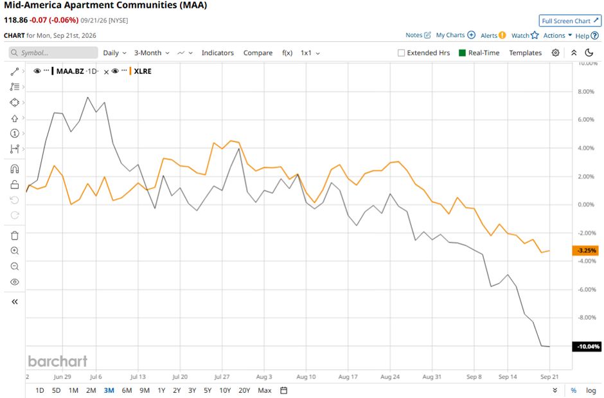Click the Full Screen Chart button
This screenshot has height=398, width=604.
(570, 21)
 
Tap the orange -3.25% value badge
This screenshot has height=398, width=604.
(585, 250)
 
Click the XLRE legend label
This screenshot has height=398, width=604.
(143, 71)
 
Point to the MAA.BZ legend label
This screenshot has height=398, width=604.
(70, 71)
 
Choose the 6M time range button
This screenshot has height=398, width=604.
(127, 390)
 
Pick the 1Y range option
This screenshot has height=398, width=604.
(161, 390)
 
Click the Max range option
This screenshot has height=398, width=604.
(265, 390)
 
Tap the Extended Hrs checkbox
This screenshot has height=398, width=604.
(401, 53)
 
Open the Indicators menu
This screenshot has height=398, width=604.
(218, 53)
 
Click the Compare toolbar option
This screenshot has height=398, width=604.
(258, 53)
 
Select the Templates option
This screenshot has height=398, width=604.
(525, 53)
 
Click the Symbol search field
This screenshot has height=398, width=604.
(53, 53)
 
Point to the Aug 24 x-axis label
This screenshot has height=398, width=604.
(390, 377)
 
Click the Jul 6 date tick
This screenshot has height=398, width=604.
(96, 377)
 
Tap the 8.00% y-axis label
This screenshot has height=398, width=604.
(585, 91)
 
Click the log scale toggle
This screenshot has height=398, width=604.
(591, 390)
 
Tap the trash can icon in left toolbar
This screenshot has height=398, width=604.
(15, 235)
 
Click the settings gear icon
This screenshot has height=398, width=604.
(555, 53)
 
